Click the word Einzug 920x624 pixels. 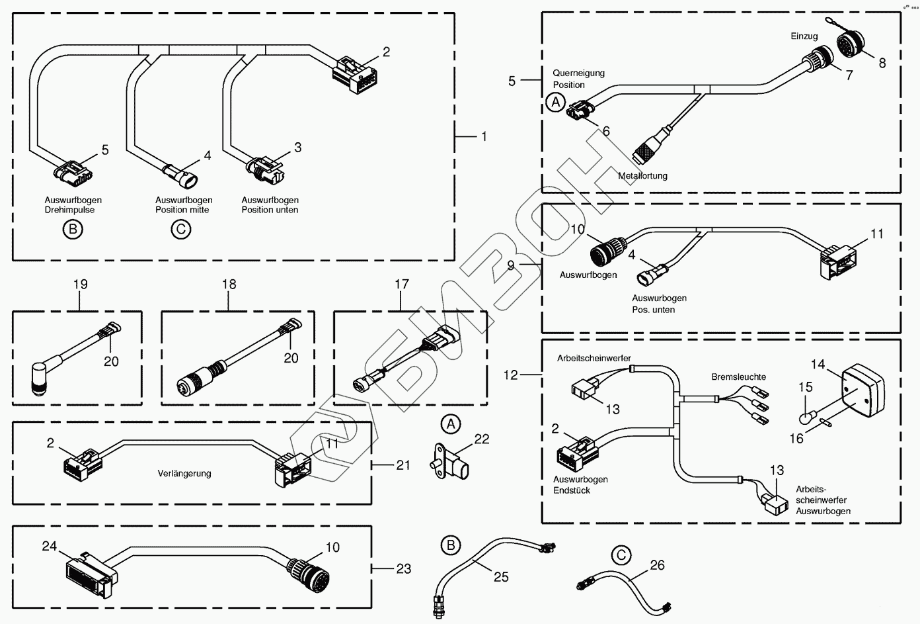tap(804, 36)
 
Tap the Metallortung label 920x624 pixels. tap(642, 176)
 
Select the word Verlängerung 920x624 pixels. tap(184, 473)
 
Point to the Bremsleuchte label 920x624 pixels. tap(738, 377)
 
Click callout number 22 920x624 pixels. tap(482, 439)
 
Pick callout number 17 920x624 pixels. tap(402, 285)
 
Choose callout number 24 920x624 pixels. tap(50, 547)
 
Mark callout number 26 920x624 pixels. tap(657, 565)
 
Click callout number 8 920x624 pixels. tap(882, 63)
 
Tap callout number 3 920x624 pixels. tap(297, 147)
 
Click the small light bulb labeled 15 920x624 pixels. tap(806, 418)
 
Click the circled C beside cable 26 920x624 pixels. tap(621, 556)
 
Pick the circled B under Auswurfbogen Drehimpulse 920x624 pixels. tap(73, 230)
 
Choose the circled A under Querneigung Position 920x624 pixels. tap(556, 103)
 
